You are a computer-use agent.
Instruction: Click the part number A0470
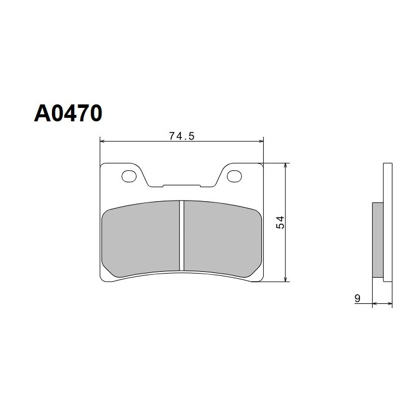coord(68,113)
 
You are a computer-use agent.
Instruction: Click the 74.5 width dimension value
coord(181,136)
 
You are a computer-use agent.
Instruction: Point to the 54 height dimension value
coord(280,222)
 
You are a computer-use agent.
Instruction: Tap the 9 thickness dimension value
coord(358,299)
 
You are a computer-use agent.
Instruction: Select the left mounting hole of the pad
coord(129,176)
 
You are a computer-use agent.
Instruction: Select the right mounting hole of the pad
coord(234,176)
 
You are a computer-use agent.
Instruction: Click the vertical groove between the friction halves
coord(181,236)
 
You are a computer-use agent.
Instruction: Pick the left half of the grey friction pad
coord(141,238)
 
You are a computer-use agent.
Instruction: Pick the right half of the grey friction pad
coord(223,238)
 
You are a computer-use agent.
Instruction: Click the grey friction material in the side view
coord(378,240)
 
